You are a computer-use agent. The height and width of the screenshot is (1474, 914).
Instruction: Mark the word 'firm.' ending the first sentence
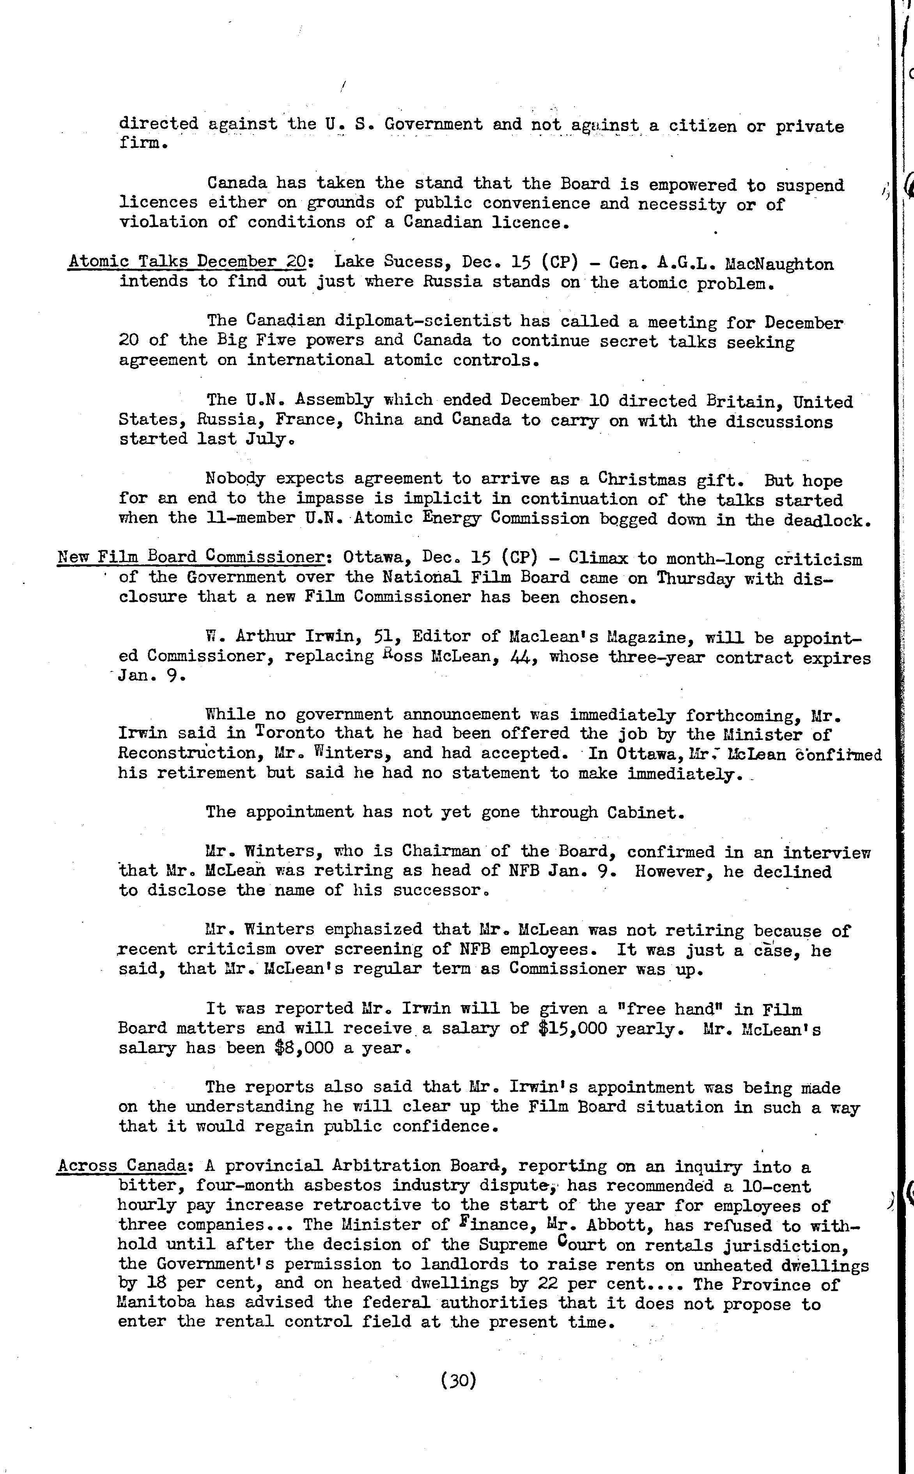pyautogui.click(x=143, y=144)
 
